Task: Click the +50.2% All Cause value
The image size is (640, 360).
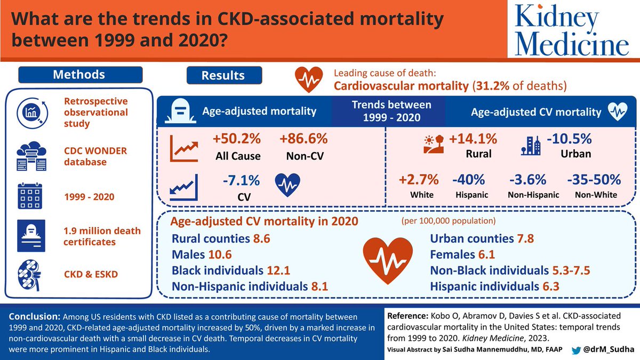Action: click(x=236, y=139)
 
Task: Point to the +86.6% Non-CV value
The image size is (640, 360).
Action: click(x=303, y=139)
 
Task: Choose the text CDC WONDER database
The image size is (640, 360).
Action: click(x=95, y=156)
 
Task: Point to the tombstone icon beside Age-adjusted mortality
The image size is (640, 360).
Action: click(x=179, y=112)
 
